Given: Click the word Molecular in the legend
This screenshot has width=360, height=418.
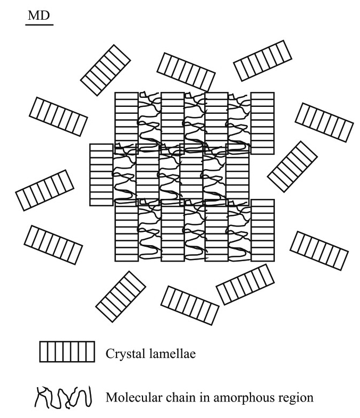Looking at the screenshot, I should (132, 395).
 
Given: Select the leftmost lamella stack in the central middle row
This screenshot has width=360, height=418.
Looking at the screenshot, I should (101, 174).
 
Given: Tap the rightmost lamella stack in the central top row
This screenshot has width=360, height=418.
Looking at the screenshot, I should (262, 123).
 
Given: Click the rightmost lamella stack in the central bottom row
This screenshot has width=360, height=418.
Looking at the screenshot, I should (262, 230).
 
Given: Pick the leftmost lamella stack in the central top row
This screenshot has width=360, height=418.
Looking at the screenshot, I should (127, 123).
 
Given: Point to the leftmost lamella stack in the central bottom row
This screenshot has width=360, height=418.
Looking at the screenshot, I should (127, 230).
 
